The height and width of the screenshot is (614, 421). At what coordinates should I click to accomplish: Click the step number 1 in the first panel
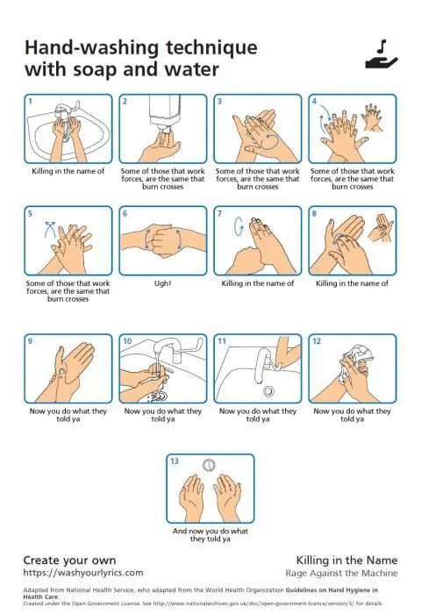tap(31, 102)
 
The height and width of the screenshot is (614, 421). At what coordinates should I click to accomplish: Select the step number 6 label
tap(125, 214)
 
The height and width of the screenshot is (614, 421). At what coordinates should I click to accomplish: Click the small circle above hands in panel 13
tap(209, 463)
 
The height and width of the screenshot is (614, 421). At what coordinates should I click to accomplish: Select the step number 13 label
tap(175, 461)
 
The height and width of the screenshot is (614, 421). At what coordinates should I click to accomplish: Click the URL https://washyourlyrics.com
tap(82, 573)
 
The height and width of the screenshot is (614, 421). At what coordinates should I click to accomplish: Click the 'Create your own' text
tap(68, 559)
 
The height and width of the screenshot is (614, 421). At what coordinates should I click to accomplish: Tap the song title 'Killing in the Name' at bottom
tap(346, 560)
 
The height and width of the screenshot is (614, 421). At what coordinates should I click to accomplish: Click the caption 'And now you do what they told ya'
tap(210, 535)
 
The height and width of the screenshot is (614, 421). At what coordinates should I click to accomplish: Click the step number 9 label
tap(31, 341)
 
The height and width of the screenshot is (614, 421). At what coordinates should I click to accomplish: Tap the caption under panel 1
tap(68, 171)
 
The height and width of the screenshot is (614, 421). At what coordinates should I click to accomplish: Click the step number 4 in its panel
tap(315, 102)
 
